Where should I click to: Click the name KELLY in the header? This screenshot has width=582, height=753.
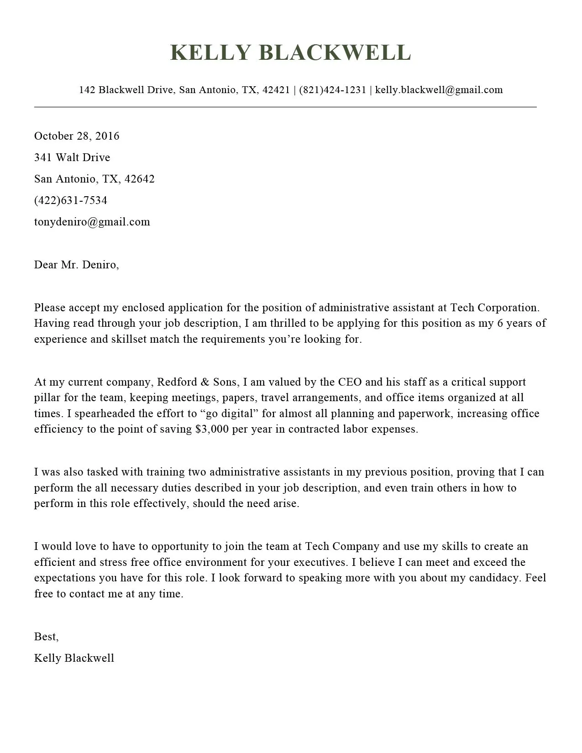click(210, 52)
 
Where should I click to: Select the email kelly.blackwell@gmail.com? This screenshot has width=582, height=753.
click(439, 90)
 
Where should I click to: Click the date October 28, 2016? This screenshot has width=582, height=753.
click(77, 136)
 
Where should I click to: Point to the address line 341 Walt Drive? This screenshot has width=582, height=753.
click(72, 157)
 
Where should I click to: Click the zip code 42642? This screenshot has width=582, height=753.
click(139, 179)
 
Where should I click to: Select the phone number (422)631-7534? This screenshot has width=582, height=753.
click(71, 200)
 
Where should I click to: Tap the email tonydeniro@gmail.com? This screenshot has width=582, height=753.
click(92, 222)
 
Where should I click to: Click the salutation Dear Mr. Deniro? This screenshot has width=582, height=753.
click(76, 265)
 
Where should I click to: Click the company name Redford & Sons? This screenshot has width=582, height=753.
click(197, 382)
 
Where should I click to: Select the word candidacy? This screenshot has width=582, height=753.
click(495, 578)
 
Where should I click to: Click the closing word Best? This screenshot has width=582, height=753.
click(46, 637)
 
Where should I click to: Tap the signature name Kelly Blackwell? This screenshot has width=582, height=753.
click(74, 658)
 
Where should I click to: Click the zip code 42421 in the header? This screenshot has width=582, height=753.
click(276, 90)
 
